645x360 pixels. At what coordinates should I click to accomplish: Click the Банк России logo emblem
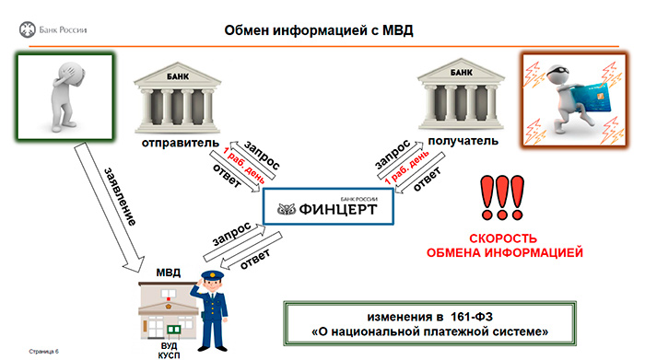pyautogui.click(x=27, y=30)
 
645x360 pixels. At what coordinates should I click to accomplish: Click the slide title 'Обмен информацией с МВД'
pyautogui.click(x=319, y=30)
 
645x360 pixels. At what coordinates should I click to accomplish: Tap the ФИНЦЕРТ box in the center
pyautogui.click(x=328, y=206)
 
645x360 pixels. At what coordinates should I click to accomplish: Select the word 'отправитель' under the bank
pyautogui.click(x=181, y=144)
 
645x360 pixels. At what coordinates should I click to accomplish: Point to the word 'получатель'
pyautogui.click(x=463, y=141)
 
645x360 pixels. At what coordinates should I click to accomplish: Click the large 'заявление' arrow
pyautogui.click(x=109, y=207)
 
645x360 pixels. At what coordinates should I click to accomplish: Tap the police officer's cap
pyautogui.click(x=212, y=275)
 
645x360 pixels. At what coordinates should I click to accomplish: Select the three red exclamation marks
pyautogui.click(x=502, y=198)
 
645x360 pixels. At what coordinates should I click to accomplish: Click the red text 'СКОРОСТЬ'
pyautogui.click(x=503, y=238)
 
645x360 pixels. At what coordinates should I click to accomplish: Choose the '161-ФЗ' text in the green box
pyautogui.click(x=472, y=317)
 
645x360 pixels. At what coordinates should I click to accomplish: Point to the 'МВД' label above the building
pyautogui.click(x=169, y=273)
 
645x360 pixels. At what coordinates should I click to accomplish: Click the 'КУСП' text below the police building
pyautogui.click(x=169, y=355)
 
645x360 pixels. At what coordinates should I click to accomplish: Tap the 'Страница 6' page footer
pyautogui.click(x=43, y=352)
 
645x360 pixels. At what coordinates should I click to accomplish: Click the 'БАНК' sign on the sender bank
pyautogui.click(x=178, y=76)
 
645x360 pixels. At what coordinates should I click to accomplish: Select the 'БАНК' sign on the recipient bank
pyautogui.click(x=461, y=73)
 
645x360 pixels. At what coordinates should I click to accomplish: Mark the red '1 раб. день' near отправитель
pyautogui.click(x=243, y=165)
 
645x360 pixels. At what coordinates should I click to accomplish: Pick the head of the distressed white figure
pyautogui.click(x=74, y=73)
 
